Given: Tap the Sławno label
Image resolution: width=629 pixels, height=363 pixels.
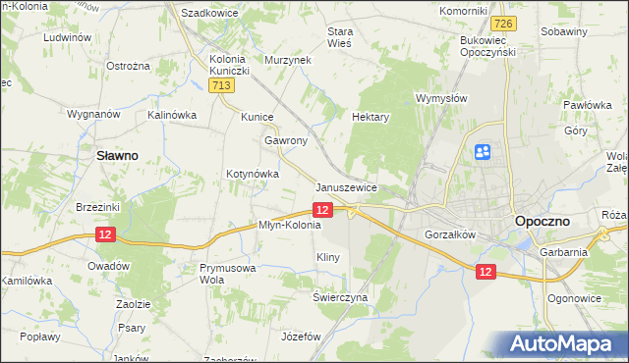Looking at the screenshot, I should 114,155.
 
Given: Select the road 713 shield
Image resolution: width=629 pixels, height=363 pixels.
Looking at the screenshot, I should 221,87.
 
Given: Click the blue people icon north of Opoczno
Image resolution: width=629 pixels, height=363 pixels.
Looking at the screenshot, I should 483,152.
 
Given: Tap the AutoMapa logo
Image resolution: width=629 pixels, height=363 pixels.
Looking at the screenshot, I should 559,344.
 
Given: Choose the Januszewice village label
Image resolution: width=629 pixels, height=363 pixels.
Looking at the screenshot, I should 347,186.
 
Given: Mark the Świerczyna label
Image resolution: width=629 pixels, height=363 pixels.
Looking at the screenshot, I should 340,297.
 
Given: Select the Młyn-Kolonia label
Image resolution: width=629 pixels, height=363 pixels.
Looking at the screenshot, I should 290,225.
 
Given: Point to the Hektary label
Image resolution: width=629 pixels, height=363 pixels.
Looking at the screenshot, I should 372,116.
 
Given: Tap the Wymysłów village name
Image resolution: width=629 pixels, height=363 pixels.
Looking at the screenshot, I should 441,99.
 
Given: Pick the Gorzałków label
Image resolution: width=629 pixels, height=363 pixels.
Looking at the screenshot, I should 450,235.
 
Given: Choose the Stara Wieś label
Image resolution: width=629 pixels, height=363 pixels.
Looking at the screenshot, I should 340,36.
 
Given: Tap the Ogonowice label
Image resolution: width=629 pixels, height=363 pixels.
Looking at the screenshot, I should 575,297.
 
